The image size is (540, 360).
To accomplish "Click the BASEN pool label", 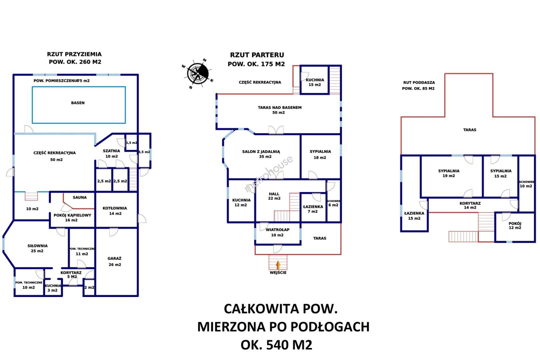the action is [x=78, y=103].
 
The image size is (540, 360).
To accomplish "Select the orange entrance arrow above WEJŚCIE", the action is [x=278, y=265].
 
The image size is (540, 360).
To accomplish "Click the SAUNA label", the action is [x=80, y=197].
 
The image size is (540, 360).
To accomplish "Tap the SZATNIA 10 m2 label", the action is [x=111, y=154].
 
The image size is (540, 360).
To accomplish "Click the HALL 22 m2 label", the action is [x=274, y=196].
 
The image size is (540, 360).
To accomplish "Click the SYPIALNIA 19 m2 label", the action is [x=449, y=173].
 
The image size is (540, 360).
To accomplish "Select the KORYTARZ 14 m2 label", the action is [x=470, y=205].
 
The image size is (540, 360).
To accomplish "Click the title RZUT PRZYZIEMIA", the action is [x=74, y=54].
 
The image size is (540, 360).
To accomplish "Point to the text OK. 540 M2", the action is [x=276, y=345].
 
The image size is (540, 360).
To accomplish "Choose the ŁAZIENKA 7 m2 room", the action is [x=313, y=209].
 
